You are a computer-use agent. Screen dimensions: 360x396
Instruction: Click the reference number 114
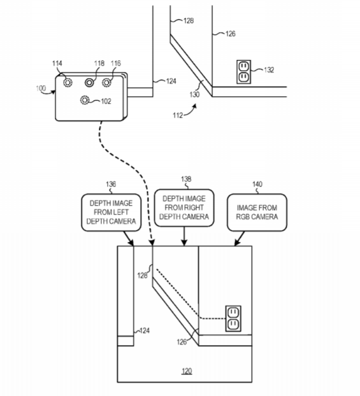pos(57,63)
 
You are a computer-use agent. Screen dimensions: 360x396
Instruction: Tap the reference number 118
pos(99,63)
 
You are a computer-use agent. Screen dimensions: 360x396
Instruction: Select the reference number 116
pos(116,63)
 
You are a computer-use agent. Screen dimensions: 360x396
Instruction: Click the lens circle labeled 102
pos(85,100)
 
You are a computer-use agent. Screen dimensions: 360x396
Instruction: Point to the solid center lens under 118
pos(89,83)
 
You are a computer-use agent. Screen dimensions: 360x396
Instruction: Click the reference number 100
pos(41,88)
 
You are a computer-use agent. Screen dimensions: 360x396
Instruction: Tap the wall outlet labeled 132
pos(243,72)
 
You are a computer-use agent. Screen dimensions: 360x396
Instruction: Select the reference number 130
pos(194,94)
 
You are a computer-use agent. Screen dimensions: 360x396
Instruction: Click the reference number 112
pos(178,115)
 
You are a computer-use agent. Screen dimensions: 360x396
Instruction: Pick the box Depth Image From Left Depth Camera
pos(112,213)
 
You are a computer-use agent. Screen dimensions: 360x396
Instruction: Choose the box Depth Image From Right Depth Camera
pos(184,208)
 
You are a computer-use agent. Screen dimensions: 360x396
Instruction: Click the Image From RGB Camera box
pos(257,213)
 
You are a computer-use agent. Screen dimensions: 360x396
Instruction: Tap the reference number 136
pos(111,184)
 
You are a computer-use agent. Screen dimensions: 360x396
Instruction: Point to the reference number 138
pos(186,179)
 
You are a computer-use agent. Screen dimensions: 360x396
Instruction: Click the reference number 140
pos(257,184)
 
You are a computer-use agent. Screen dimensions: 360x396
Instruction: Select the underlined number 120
pos(187,371)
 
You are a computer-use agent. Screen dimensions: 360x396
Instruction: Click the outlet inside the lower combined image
pos(233,318)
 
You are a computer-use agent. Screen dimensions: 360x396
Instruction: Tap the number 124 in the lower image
pos(145,330)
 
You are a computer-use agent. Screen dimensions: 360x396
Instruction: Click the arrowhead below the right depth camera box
pos(184,242)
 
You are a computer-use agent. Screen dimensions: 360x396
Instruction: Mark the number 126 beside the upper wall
pos(230,34)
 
